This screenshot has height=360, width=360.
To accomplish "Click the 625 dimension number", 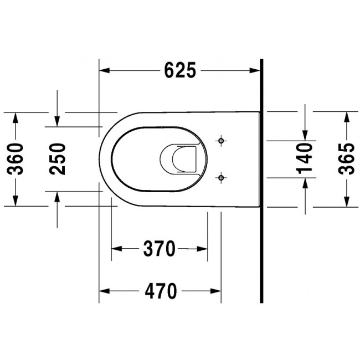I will [x=180, y=70].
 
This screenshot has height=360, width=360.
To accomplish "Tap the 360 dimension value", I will [x=17, y=158].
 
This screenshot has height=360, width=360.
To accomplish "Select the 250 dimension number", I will [x=58, y=158].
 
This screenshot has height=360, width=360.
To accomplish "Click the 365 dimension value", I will [x=347, y=158].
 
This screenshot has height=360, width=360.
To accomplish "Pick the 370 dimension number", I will [x=160, y=249].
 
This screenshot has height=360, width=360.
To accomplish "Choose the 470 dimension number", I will [x=161, y=290].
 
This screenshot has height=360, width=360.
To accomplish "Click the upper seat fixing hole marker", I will [x=221, y=141].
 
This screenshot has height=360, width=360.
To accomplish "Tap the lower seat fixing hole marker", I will [x=221, y=177].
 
